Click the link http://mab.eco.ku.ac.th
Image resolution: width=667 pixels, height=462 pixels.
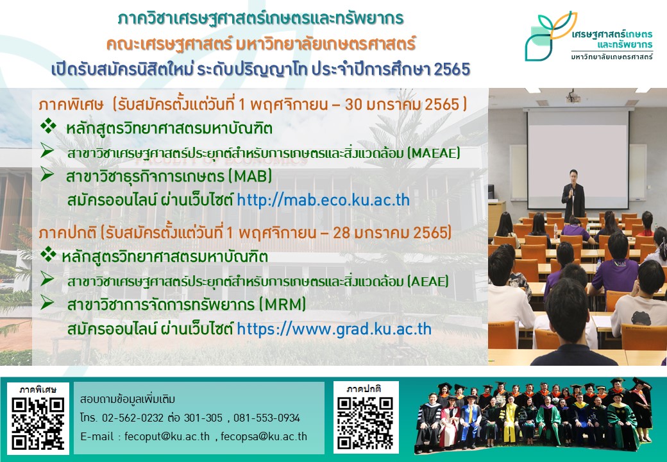click(323, 200)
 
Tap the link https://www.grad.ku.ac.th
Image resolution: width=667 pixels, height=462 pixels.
click(334, 329)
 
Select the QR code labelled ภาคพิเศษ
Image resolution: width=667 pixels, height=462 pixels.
click(38, 424)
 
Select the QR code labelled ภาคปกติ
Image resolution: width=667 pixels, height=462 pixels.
click(365, 424)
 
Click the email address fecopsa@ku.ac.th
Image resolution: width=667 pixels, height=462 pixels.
click(264, 436)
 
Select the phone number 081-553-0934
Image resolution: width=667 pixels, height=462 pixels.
click(267, 418)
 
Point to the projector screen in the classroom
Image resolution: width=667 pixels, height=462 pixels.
click(578, 159)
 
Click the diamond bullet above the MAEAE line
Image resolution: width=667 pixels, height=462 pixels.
click(49, 126)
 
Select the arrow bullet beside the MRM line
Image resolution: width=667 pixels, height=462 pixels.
click(47, 303)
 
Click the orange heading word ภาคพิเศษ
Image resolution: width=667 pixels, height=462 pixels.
click(71, 105)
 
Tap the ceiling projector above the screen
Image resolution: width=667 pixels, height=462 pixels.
click(573, 97)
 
